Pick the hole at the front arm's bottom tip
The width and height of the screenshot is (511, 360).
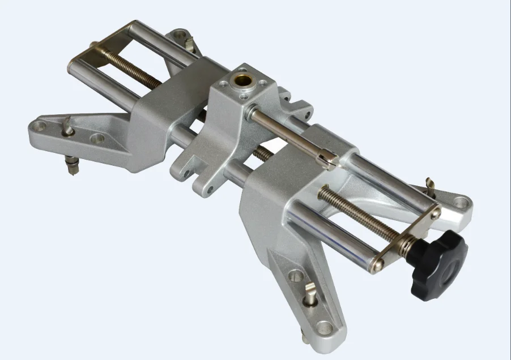325,327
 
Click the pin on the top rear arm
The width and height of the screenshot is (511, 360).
189,42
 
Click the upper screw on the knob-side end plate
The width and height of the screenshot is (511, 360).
435,215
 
